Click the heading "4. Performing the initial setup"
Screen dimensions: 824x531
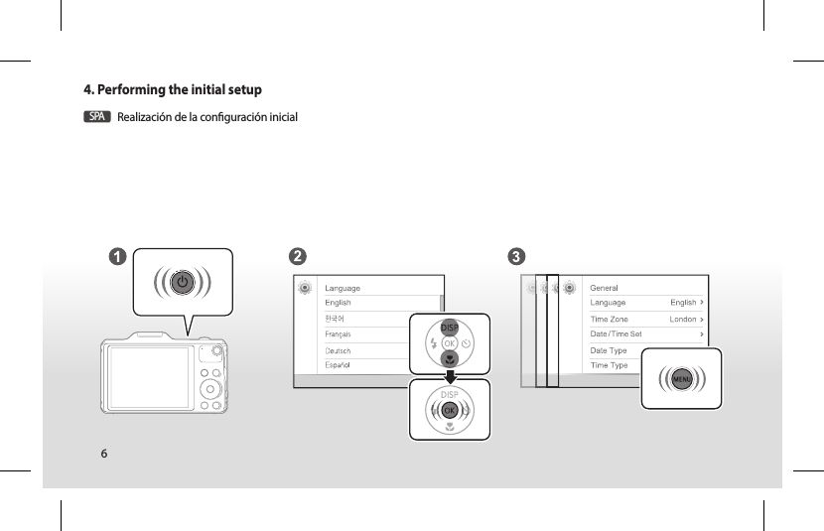point(173,90)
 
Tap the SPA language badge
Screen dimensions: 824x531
point(96,117)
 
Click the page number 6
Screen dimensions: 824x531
point(103,454)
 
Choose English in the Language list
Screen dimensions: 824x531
point(339,303)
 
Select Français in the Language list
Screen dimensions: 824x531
point(339,334)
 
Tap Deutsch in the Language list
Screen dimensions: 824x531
point(340,350)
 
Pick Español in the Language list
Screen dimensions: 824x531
point(340,365)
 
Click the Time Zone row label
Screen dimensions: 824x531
point(609,320)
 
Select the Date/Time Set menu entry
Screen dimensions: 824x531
point(616,334)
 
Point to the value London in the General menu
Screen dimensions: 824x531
point(683,320)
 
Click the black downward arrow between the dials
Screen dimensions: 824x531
point(450,375)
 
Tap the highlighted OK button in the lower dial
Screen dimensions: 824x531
point(449,409)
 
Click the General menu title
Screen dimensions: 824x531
point(605,288)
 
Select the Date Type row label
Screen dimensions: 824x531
point(609,350)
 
